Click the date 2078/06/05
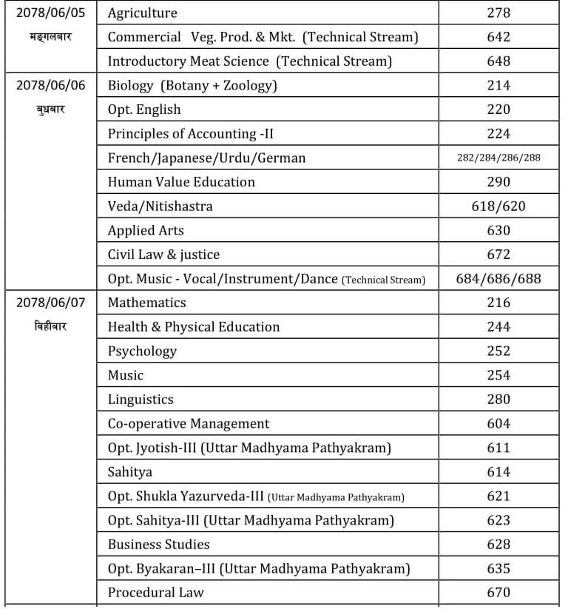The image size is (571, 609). pyautogui.click(x=50, y=13)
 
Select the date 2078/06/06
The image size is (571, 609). pyautogui.click(x=50, y=85)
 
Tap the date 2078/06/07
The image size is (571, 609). pyautogui.click(x=50, y=303)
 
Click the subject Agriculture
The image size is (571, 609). pyautogui.click(x=142, y=13)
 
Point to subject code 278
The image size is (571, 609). pyautogui.click(x=499, y=13)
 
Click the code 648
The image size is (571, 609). pyautogui.click(x=499, y=61)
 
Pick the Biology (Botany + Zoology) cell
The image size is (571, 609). pyautogui.click(x=192, y=86)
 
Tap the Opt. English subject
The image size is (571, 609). pyautogui.click(x=144, y=110)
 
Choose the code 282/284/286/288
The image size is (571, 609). pyautogui.click(x=499, y=158)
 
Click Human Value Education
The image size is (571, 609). pyautogui.click(x=181, y=182)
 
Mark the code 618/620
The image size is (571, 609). pyautogui.click(x=499, y=206)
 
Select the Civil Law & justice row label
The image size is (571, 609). pyautogui.click(x=163, y=255)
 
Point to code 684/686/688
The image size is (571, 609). pyautogui.click(x=499, y=279)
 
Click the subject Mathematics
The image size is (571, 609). pyautogui.click(x=146, y=303)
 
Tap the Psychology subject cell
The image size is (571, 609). pyautogui.click(x=142, y=351)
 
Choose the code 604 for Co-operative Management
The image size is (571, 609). pyautogui.click(x=499, y=424)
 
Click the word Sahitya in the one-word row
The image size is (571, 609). pyautogui.click(x=129, y=472)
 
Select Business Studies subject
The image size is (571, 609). pyautogui.click(x=158, y=545)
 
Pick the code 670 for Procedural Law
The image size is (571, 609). pyautogui.click(x=499, y=593)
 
